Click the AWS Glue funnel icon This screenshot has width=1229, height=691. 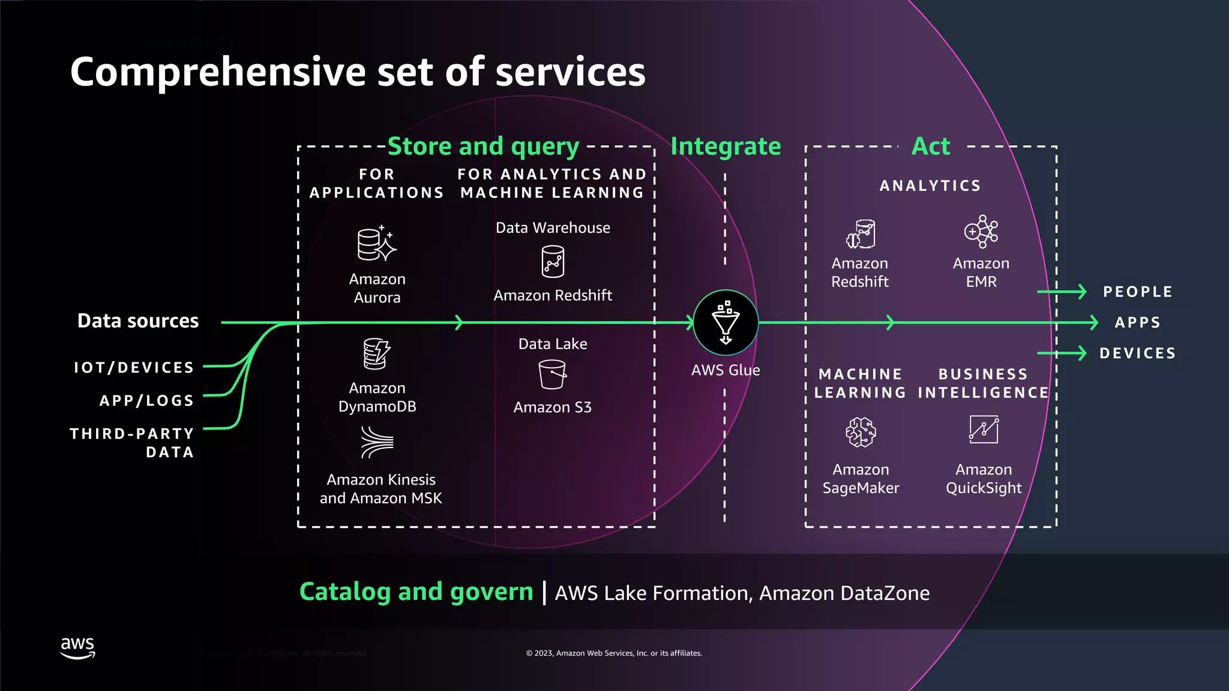click(726, 323)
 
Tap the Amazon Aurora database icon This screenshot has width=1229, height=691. click(376, 244)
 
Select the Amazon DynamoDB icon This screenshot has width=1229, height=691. click(376, 354)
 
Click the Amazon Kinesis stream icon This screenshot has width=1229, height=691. click(377, 443)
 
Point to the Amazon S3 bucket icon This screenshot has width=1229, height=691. click(552, 374)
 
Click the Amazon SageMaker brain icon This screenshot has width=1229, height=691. click(861, 432)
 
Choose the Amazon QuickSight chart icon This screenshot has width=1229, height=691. click(984, 429)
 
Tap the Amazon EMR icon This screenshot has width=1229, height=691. click(981, 232)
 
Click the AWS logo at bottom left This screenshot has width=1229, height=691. click(77, 648)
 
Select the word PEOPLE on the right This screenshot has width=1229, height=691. click(1137, 292)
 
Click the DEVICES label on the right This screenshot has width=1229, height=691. click(1137, 353)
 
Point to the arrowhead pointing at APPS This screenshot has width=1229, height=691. click(1094, 323)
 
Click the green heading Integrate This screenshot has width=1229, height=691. click(726, 146)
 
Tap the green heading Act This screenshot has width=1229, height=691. click(931, 146)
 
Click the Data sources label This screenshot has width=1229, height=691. click(138, 321)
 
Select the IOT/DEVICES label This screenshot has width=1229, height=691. click(134, 367)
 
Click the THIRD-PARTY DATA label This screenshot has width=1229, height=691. click(132, 442)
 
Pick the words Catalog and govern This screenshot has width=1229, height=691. click(416, 591)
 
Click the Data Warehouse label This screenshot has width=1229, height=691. click(553, 228)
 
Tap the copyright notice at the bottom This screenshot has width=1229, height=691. click(614, 653)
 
